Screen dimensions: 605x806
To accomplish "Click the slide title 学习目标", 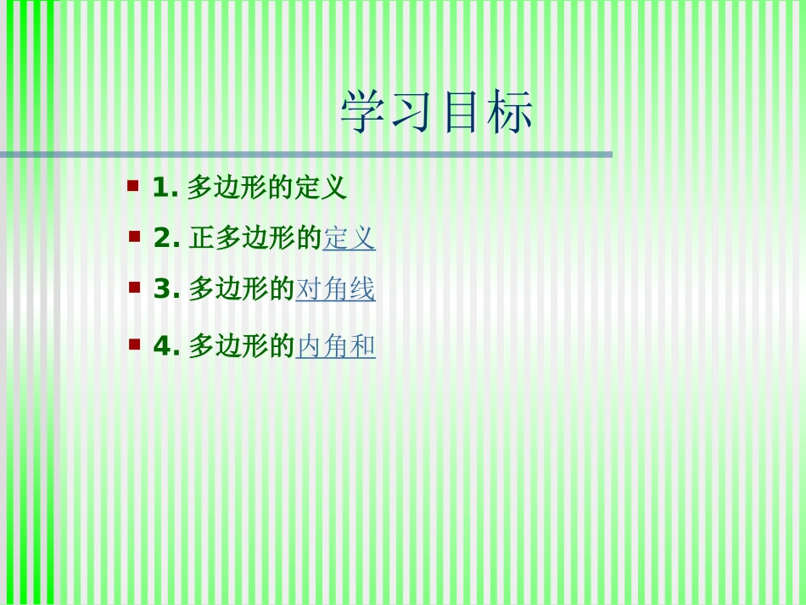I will tap(437, 113).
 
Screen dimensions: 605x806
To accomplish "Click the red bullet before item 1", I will tap(133, 184).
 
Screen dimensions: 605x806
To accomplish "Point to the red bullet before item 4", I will tap(134, 344).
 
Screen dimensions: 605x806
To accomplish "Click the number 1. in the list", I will tap(165, 188).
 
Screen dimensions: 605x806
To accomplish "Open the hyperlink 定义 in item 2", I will tap(349, 239).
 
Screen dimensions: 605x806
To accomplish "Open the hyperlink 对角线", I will tap(335, 290).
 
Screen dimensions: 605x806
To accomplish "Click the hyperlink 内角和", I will tap(335, 347).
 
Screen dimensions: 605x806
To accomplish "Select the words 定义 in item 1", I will tap(321, 188).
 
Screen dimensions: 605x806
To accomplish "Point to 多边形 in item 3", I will tap(227, 290).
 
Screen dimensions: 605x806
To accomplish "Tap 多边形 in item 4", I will tap(227, 347).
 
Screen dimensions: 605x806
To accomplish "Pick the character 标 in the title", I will tap(511, 113).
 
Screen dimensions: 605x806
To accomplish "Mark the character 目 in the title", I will tap(462, 113).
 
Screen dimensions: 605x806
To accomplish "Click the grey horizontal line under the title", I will tap(305, 154).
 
